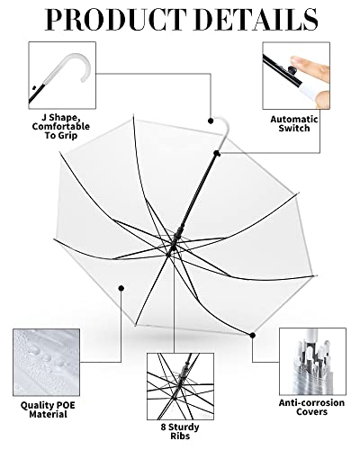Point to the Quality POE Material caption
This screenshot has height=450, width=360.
coord(47,409)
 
